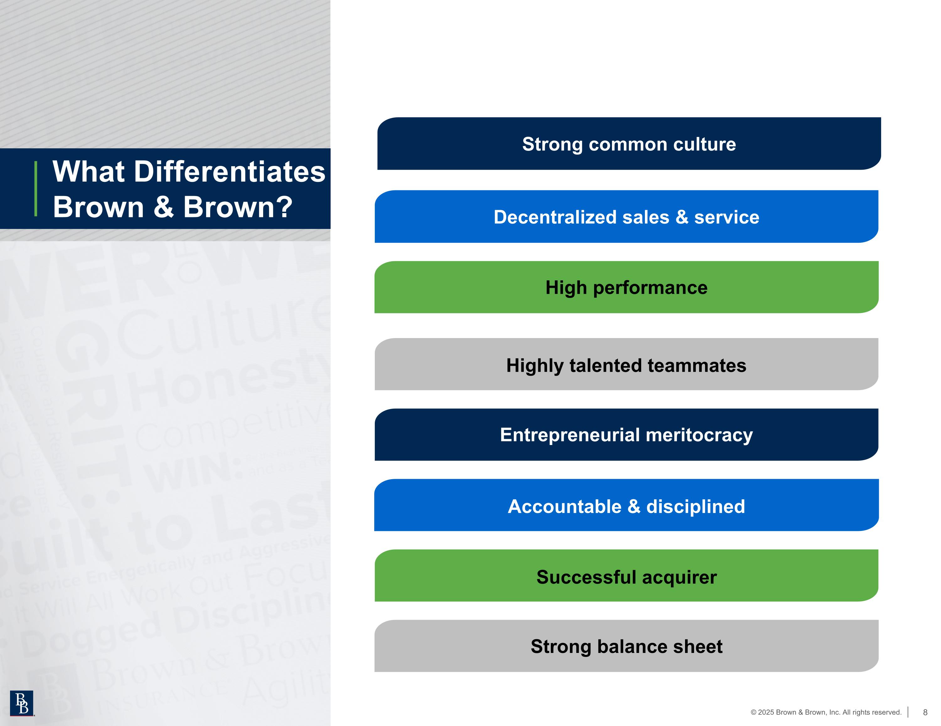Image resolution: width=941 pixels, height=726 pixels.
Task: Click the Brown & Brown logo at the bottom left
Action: pyautogui.click(x=22, y=703)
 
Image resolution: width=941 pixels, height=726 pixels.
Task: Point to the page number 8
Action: pyautogui.click(x=925, y=712)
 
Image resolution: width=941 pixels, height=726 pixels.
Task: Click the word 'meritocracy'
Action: pyautogui.click(x=699, y=435)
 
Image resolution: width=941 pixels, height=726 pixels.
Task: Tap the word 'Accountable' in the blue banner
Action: pyautogui.click(x=564, y=506)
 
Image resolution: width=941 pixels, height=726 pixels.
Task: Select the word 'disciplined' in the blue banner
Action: pyautogui.click(x=695, y=506)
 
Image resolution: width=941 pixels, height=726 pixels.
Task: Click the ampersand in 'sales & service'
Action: pyautogui.click(x=682, y=217)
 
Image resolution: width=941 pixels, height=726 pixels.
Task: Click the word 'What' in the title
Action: pyautogui.click(x=89, y=172)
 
